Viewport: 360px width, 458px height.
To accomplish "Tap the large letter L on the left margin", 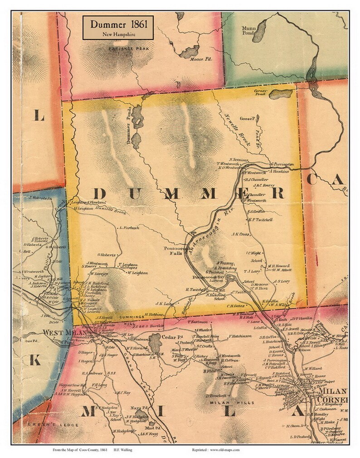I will (39, 116).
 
